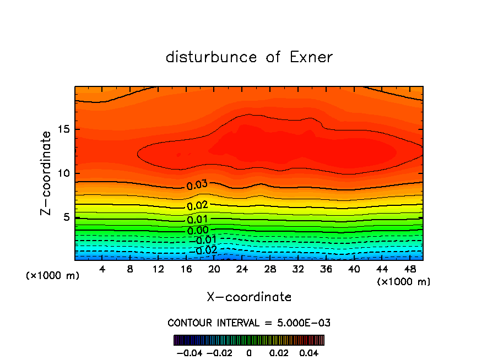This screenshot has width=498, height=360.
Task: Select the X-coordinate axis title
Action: (249, 297)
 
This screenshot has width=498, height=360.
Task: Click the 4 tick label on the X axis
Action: (102, 269)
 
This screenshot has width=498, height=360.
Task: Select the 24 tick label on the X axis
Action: (242, 269)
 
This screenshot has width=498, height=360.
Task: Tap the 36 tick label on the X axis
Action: (326, 269)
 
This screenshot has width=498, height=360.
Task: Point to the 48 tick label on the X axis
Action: (409, 269)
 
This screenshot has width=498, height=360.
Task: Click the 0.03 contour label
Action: (197, 184)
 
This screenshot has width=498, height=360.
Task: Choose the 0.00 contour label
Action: (197, 230)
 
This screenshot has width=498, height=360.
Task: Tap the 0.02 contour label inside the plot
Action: (197, 206)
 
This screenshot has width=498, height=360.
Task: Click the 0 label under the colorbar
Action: (249, 352)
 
